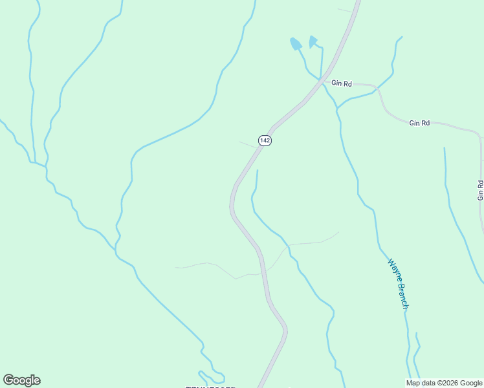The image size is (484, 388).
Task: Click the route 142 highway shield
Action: tap(264, 140)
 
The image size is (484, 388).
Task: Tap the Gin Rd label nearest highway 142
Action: tap(342, 83)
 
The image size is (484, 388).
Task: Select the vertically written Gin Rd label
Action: tap(480, 189)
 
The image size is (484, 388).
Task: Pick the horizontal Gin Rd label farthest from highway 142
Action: tap(419, 122)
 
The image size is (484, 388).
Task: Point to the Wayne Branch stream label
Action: tap(397, 284)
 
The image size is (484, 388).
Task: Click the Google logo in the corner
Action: tap(21, 380)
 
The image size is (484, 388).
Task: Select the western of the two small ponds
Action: tap(296, 44)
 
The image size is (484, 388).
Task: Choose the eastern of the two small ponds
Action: tap(314, 42)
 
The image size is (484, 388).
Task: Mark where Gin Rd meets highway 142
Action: tap(322, 81)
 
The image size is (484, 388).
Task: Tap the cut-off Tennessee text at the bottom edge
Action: tap(210, 386)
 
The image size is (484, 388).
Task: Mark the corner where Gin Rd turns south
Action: tap(479, 136)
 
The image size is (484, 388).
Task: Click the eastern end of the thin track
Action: tap(338, 232)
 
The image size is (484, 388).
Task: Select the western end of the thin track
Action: tap(176, 266)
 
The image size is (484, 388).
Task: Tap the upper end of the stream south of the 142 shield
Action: tap(258, 171)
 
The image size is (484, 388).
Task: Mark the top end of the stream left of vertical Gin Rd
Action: tap(445, 148)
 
